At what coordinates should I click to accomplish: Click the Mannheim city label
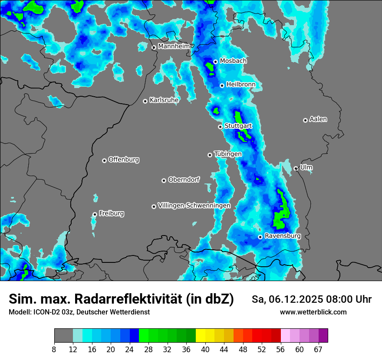tap(174, 46)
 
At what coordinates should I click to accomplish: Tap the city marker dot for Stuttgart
tap(221, 127)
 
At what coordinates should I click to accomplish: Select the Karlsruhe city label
tap(164, 100)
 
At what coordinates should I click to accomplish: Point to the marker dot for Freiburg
tap(95, 214)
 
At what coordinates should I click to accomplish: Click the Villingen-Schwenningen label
tap(194, 206)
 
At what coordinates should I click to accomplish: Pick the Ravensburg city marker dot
tap(260, 237)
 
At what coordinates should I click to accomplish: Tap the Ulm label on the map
tap(306, 167)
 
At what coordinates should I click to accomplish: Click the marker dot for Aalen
tap(305, 120)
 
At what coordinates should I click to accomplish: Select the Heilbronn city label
tap(241, 85)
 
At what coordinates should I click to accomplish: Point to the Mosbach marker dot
tap(215, 62)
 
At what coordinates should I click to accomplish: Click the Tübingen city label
tap(228, 154)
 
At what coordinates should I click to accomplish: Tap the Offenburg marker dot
tap(104, 160)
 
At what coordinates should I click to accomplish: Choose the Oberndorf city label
tap(184, 180)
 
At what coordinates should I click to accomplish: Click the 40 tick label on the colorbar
tap(205, 350)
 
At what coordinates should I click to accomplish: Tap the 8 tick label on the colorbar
tap(54, 350)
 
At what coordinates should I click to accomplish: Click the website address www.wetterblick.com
tap(313, 312)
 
